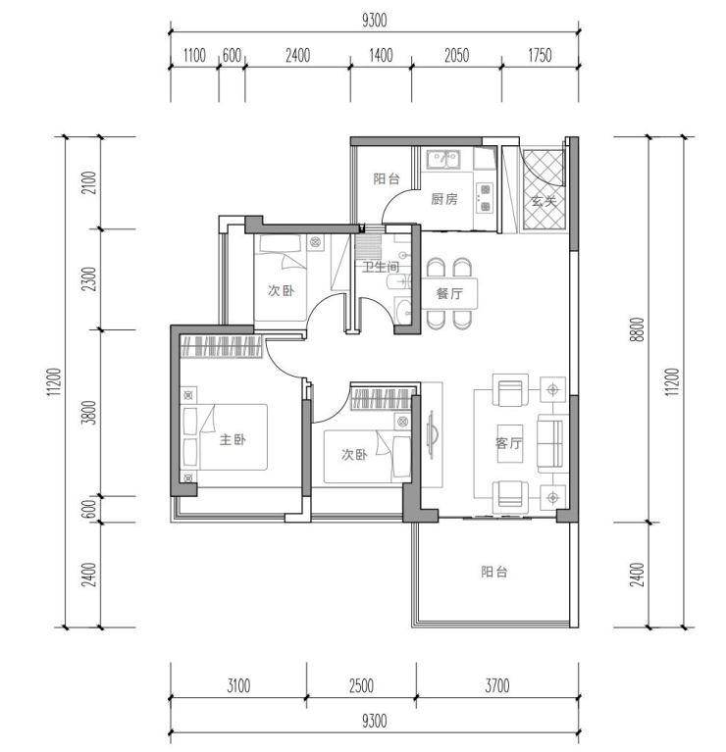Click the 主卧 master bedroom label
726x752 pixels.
click(233, 439)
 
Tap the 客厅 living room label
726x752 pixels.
click(509, 442)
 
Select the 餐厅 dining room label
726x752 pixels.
click(449, 293)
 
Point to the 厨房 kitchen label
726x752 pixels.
click(443, 199)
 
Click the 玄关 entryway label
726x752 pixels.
click(544, 201)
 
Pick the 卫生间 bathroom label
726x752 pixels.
click(380, 267)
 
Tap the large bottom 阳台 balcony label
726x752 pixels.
click(494, 572)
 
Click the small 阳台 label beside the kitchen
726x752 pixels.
click(387, 178)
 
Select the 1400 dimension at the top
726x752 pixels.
click(381, 56)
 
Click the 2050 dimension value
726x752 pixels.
click(456, 56)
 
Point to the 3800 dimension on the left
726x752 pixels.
click(90, 413)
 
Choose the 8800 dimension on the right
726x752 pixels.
click(638, 329)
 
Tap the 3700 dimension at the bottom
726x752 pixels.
click(497, 685)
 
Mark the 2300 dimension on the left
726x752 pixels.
click(90, 279)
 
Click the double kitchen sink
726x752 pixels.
click(443, 159)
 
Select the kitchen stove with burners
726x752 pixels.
click(485, 198)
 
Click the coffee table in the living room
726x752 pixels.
click(509, 443)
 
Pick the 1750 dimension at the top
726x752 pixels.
click(540, 56)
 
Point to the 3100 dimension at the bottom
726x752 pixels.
click(238, 685)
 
